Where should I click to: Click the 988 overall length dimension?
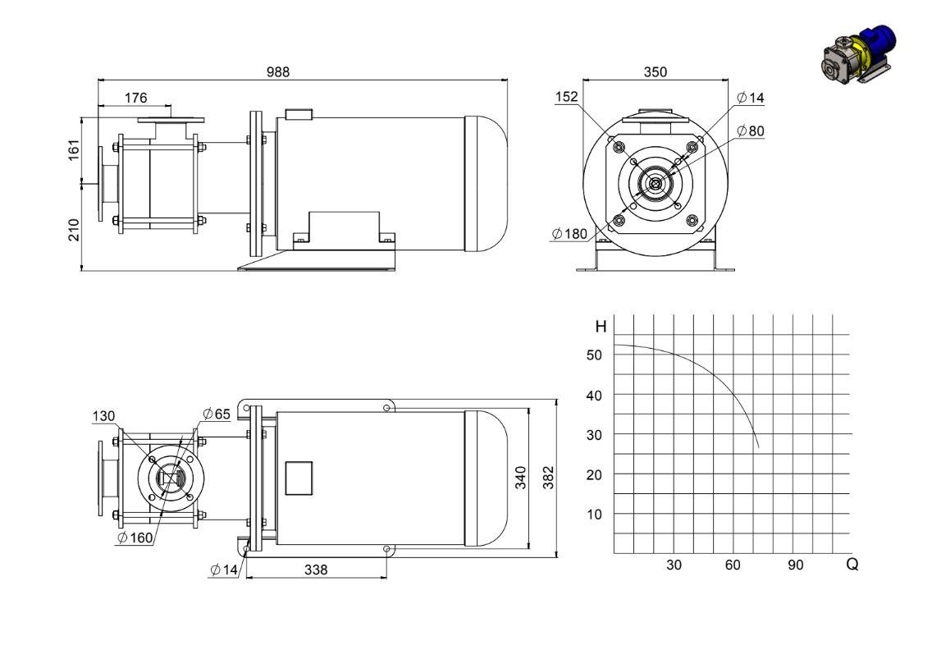coord(277,72)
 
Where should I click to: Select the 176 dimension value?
coord(135,98)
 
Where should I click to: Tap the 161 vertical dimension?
coord(74,150)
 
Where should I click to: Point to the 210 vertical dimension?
coord(74,230)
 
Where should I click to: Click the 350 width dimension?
coord(655,72)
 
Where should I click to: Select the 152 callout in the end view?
coord(566,97)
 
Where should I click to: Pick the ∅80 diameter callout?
coord(750,130)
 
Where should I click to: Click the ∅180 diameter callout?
coord(569,234)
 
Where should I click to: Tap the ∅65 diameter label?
coord(217,414)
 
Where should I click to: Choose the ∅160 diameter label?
coord(135,538)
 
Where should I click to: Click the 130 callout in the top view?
coord(103,416)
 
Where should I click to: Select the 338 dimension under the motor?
coord(316,570)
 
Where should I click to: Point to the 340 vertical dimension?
coord(521,478)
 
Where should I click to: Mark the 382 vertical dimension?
coord(549,478)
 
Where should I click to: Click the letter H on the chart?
coord(601,327)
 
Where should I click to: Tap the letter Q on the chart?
coord(852,564)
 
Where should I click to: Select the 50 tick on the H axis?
coord(594,355)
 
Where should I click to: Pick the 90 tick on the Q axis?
coord(795,565)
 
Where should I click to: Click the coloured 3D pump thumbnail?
coord(857,55)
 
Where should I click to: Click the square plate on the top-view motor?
coord(299,478)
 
